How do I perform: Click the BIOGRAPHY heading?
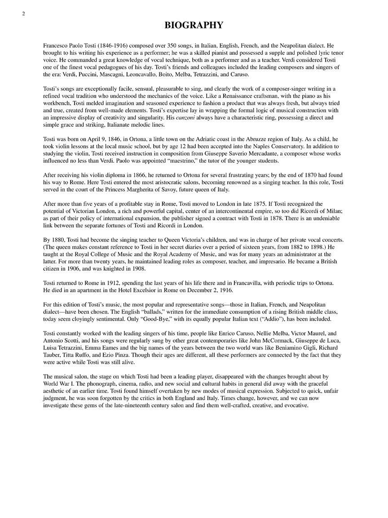click(x=194, y=25)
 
